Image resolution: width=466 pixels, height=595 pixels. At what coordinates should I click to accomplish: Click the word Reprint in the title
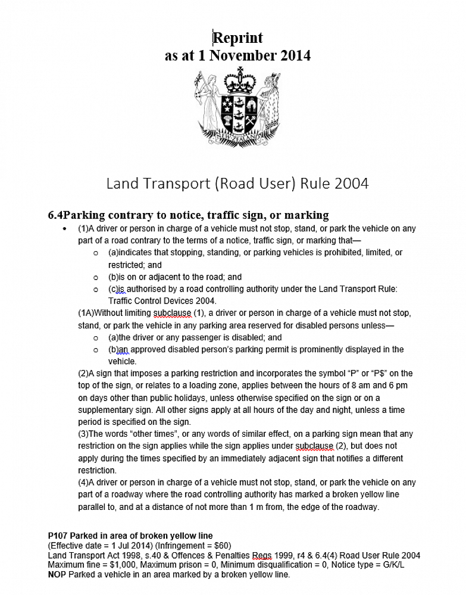pyautogui.click(x=238, y=37)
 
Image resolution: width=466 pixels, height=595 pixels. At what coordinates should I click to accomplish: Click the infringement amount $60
pyautogui.click(x=220, y=546)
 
